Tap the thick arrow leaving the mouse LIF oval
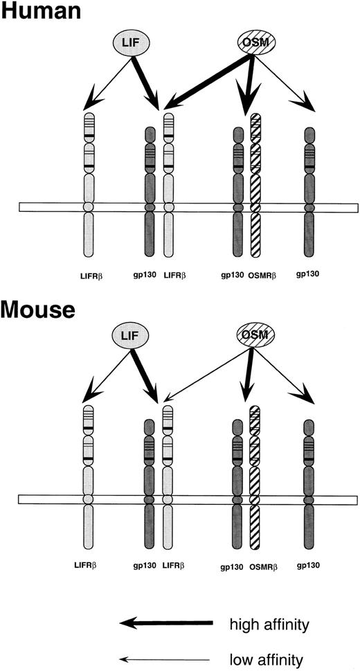[145, 377]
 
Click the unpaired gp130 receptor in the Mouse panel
[309, 478]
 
